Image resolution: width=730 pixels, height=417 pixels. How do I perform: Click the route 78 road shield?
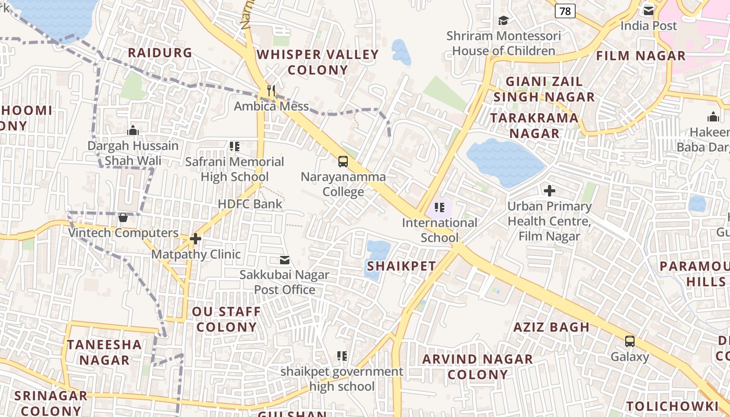pyautogui.click(x=565, y=10)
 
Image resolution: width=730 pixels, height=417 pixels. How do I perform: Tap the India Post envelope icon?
pyautogui.click(x=649, y=10)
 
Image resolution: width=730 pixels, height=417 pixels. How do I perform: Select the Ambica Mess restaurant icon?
pyautogui.click(x=271, y=91)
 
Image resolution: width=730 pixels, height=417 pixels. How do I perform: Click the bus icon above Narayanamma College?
pyautogui.click(x=343, y=162)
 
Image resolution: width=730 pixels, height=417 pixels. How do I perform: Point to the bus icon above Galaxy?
pyautogui.click(x=630, y=342)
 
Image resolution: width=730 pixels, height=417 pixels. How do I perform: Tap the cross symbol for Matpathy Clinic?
pyautogui.click(x=196, y=239)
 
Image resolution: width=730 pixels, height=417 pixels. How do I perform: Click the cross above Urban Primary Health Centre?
pyautogui.click(x=549, y=191)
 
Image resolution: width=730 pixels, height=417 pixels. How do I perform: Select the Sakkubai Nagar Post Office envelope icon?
pyautogui.click(x=285, y=260)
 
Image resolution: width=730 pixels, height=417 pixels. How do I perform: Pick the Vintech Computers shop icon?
pyautogui.click(x=123, y=217)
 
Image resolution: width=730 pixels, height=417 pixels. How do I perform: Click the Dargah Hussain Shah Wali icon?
pyautogui.click(x=133, y=130)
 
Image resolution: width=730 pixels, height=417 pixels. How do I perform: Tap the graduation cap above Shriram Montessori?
pyautogui.click(x=503, y=20)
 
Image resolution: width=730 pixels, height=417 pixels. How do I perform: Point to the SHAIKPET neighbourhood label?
pyautogui.click(x=401, y=266)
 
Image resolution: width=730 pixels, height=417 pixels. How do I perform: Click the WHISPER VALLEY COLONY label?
pyautogui.click(x=318, y=62)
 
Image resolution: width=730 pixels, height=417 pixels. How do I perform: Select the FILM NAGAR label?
pyautogui.click(x=641, y=56)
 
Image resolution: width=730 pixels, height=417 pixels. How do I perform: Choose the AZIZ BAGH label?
pyautogui.click(x=552, y=327)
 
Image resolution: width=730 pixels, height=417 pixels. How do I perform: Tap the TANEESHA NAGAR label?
pyautogui.click(x=104, y=352)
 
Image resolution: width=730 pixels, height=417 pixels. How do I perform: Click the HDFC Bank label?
pyautogui.click(x=250, y=204)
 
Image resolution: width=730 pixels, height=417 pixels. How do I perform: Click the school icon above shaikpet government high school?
pyautogui.click(x=342, y=356)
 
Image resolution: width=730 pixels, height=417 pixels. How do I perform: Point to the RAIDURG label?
pyautogui.click(x=160, y=53)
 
